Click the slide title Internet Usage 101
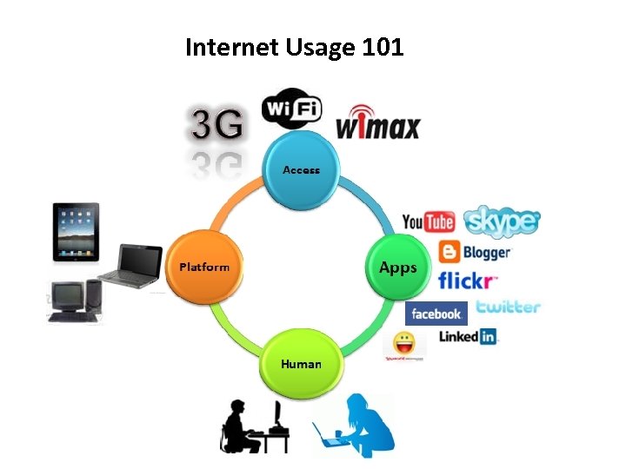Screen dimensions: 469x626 pyautogui.click(x=294, y=47)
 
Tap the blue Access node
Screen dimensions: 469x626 pyautogui.click(x=301, y=169)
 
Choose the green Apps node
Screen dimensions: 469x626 pyautogui.click(x=397, y=268)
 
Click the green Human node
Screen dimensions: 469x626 pyautogui.click(x=301, y=363)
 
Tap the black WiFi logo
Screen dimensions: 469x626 pyautogui.click(x=291, y=109)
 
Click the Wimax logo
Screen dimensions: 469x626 pyautogui.click(x=377, y=123)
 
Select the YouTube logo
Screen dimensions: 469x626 pyautogui.click(x=429, y=222)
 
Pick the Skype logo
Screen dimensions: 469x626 pyautogui.click(x=502, y=221)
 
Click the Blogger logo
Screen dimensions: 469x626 pyautogui.click(x=475, y=253)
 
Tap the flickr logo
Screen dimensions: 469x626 pyautogui.click(x=467, y=281)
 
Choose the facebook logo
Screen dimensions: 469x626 pyautogui.click(x=436, y=314)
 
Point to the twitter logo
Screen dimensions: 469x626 pyautogui.click(x=508, y=307)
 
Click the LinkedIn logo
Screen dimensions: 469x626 pyautogui.click(x=467, y=336)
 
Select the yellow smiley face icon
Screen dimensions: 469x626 pyautogui.click(x=403, y=341)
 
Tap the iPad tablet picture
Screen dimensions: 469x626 pyautogui.click(x=77, y=232)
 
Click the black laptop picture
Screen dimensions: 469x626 pyautogui.click(x=130, y=265)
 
